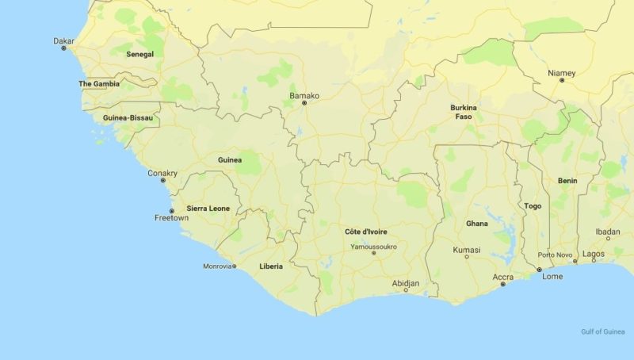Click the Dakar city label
[x=63, y=40]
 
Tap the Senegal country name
[x=139, y=54]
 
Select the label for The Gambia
[x=99, y=83]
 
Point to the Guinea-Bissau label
[x=128, y=118]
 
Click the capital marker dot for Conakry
[x=163, y=181]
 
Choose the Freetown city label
[x=172, y=217]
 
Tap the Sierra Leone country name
[x=208, y=209]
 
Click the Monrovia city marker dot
[x=235, y=266]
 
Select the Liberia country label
[x=271, y=266]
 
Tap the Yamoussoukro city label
[x=374, y=247]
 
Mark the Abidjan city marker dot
[x=406, y=290]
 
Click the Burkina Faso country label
[x=464, y=112]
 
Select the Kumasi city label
[x=467, y=250]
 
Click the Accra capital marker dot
[x=502, y=284]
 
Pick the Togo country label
[x=533, y=206]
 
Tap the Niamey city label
[x=562, y=73]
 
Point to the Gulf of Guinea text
[x=602, y=331]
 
